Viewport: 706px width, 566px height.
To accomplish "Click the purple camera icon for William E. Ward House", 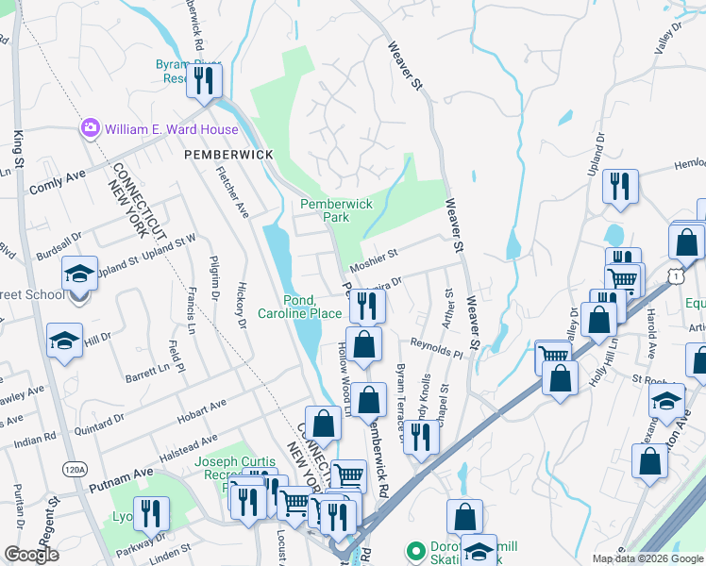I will click(91, 127).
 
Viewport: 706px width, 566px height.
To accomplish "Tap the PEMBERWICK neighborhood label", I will click(228, 154).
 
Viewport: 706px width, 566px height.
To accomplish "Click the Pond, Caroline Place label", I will click(301, 306).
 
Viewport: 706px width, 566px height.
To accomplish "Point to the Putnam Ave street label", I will click(120, 477).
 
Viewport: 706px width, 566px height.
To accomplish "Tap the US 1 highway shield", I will click(674, 275).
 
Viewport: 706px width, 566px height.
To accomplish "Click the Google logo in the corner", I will click(31, 555).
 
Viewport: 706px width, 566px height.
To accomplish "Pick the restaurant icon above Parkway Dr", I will click(150, 512).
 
